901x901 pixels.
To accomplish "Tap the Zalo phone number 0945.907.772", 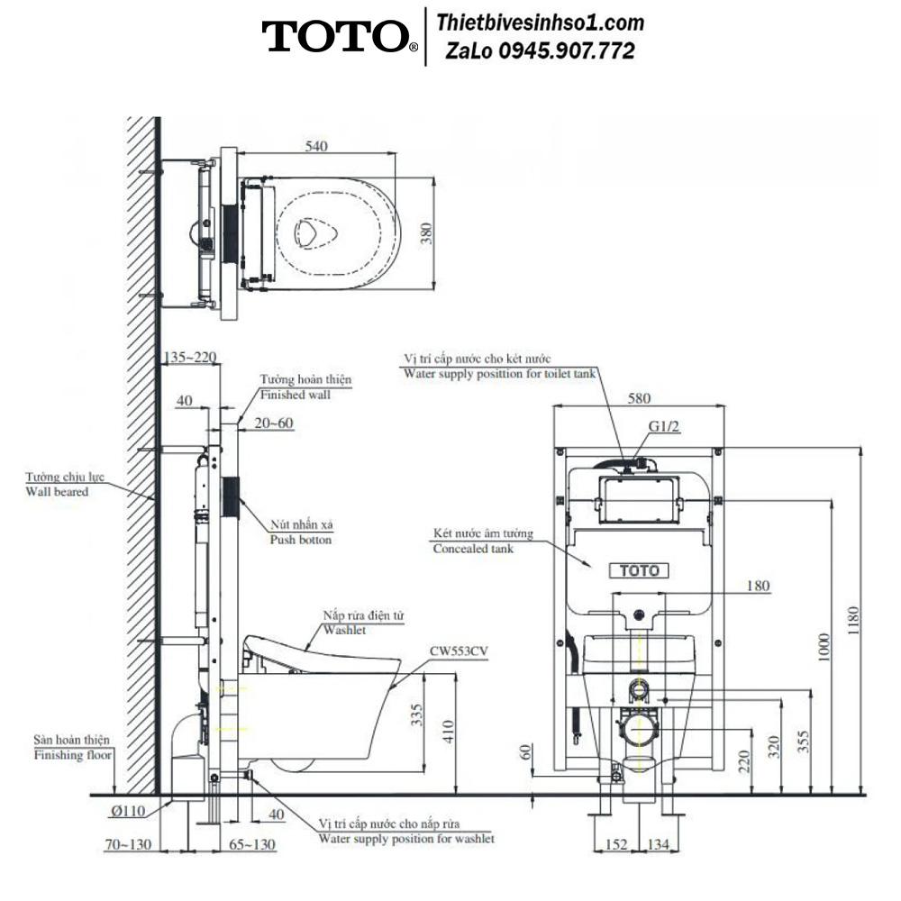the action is click(567, 51).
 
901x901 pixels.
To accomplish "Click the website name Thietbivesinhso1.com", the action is click(540, 23).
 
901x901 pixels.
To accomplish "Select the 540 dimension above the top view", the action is click(316, 146).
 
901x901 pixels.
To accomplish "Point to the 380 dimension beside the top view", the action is click(426, 233).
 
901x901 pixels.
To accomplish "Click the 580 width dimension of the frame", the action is click(639, 398).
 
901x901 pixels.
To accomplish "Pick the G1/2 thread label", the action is click(664, 426).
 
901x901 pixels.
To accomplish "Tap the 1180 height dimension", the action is click(852, 621).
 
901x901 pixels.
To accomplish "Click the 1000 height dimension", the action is click(824, 648).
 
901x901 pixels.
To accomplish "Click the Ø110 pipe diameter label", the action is click(128, 812).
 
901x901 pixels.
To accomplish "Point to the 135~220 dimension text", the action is click(190, 357).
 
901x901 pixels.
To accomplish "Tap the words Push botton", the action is click(301, 540).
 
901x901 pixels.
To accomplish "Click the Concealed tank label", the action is click(473, 549).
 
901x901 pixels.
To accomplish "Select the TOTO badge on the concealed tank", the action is click(639, 570).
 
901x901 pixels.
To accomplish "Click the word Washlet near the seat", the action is click(344, 630).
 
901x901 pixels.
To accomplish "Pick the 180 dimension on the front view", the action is click(758, 586).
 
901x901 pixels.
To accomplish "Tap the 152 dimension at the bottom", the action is click(616, 844).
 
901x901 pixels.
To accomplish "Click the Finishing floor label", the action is click(72, 755).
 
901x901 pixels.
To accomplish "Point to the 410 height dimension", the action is click(448, 732).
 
